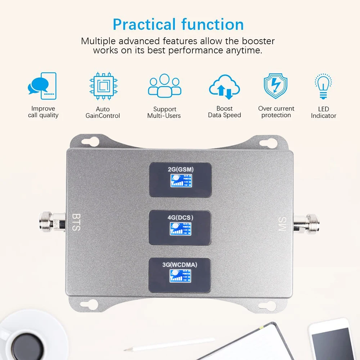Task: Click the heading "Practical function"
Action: coord(178,24)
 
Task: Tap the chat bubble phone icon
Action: coord(42,86)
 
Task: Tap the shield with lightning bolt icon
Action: coord(275,86)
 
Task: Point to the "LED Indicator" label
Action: coord(323,112)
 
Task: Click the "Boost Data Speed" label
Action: coord(224,112)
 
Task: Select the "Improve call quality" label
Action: coord(43,112)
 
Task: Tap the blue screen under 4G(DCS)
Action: coord(180,228)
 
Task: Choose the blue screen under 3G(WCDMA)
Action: coord(180,275)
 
